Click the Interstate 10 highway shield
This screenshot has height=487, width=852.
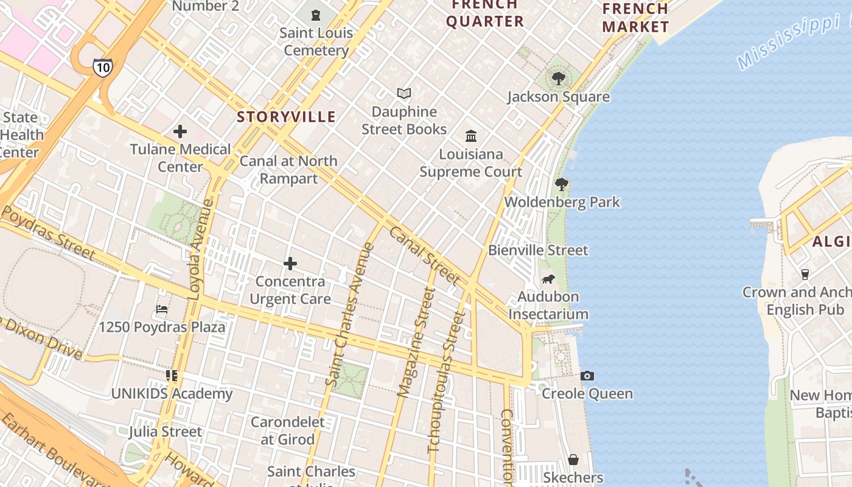102,67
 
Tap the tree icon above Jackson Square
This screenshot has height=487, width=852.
558,79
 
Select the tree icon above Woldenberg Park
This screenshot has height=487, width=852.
562,184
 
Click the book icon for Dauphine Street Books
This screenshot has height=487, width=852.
404,94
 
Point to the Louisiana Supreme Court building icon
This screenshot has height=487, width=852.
471,136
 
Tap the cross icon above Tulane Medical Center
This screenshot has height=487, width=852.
180,131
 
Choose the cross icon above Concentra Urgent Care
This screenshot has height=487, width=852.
290,264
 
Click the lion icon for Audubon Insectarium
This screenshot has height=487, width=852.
548,279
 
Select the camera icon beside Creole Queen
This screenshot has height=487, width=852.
587,376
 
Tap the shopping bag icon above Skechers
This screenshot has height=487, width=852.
573,459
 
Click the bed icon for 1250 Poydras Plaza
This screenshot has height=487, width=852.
162,309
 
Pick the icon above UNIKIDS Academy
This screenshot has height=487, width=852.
172,376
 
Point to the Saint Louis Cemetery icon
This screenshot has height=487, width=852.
316,15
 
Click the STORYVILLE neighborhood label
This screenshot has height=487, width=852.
286,117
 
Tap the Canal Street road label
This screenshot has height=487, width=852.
424,255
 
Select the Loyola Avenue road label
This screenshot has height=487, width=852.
201,250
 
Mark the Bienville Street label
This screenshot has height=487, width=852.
538,250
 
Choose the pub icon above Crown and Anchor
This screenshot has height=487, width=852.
805,274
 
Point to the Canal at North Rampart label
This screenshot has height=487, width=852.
288,169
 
